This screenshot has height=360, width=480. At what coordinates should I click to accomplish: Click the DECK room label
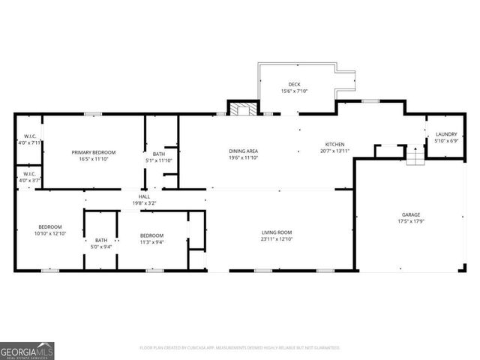[295, 84]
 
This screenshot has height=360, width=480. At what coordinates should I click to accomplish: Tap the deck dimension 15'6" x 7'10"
[295, 91]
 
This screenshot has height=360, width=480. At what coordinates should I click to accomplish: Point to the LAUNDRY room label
[445, 134]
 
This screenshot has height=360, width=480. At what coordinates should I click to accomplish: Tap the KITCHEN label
[334, 144]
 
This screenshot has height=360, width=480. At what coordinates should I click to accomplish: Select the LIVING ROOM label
[276, 232]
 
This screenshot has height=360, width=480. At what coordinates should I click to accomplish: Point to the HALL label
[143, 196]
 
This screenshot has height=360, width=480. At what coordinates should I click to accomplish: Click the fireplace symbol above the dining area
[241, 109]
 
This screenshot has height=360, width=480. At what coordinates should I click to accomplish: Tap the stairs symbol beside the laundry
[415, 157]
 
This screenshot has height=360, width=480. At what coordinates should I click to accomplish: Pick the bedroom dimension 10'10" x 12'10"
[51, 234]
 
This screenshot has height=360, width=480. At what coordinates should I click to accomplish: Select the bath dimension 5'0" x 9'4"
[101, 247]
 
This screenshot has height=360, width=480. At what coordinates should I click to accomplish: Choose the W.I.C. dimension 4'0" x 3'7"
[28, 180]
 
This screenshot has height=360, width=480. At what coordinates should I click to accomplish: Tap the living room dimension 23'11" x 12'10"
[276, 240]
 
